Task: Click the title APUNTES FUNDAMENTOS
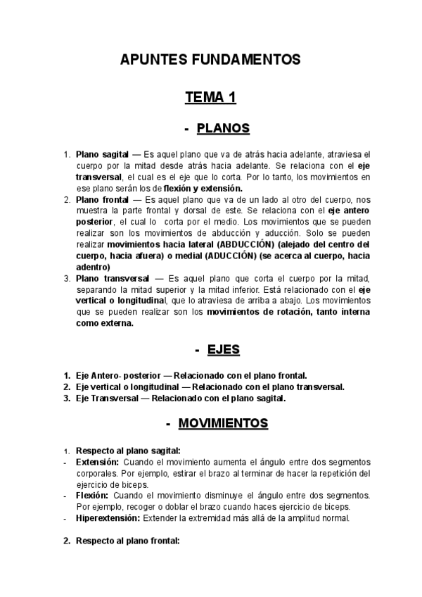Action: (210, 60)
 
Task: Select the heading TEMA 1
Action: (210, 97)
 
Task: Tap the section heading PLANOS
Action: (223, 129)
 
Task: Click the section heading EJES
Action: (224, 349)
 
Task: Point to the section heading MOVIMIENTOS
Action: (223, 423)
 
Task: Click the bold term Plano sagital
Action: (102, 153)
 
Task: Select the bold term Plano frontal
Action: (102, 200)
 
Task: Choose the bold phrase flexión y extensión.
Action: (203, 188)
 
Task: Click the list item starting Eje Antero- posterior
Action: (191, 376)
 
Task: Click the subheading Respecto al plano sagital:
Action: (128, 451)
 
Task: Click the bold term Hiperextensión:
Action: (108, 518)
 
